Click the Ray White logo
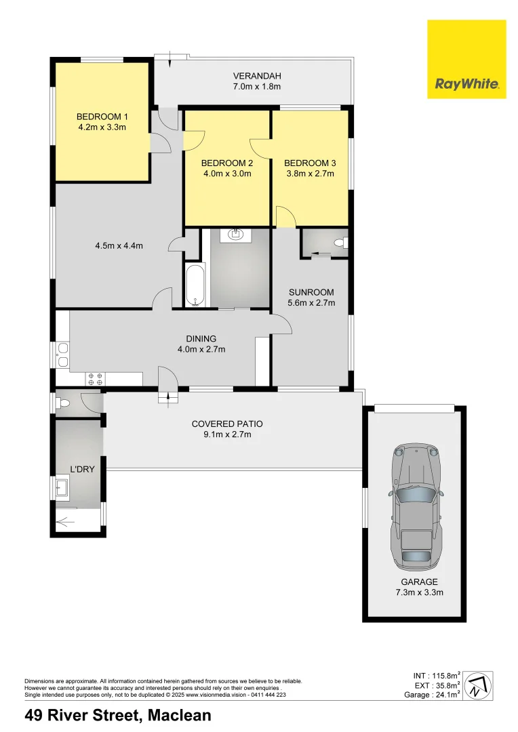coord(466,59)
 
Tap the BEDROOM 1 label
coord(102,116)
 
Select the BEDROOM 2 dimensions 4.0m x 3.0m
coord(227,174)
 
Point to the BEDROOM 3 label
coord(310,163)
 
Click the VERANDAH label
coord(257,76)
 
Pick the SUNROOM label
coord(312,292)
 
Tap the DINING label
coord(201,339)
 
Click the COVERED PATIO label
coord(227,424)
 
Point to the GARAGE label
coord(420,582)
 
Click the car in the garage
coord(415,507)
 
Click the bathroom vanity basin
coord(235,236)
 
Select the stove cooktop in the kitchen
coord(94,379)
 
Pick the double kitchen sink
coord(62,355)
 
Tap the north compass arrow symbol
coord(479,685)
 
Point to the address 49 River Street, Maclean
coord(118,715)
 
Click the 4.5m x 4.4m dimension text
coord(119,246)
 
